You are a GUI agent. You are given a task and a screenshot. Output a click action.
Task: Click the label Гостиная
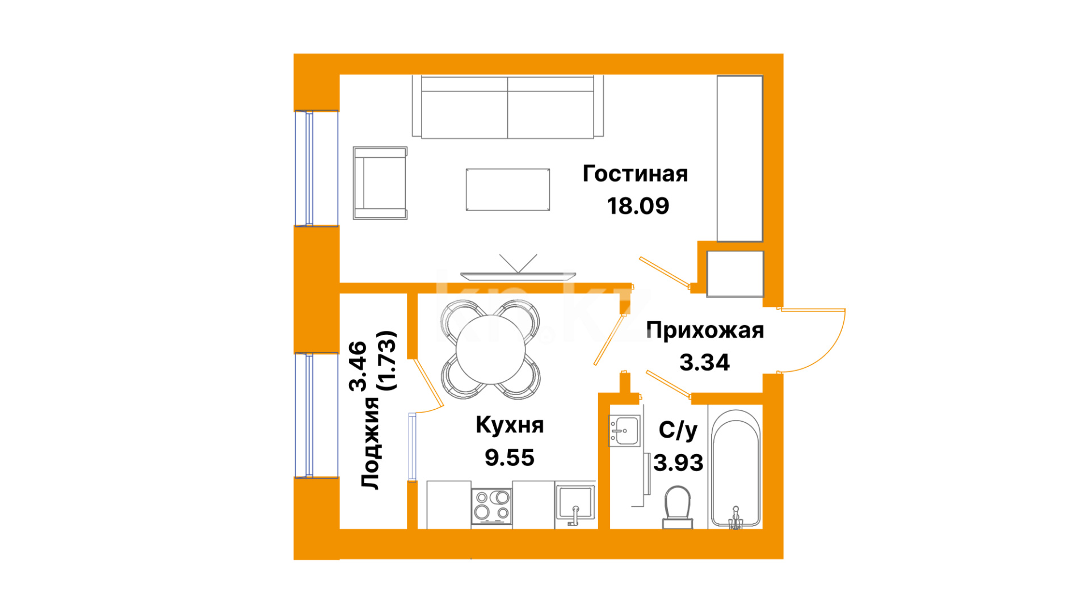tap(635, 174)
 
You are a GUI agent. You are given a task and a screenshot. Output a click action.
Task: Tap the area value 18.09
tap(638, 206)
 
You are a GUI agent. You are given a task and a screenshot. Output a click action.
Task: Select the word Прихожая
tap(705, 330)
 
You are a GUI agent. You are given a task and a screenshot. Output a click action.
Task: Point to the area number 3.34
tap(705, 363)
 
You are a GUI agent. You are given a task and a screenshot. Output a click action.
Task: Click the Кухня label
tap(510, 425)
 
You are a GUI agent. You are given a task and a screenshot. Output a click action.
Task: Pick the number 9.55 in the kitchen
tap(510, 457)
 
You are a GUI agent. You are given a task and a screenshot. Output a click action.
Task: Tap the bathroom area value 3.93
tap(678, 463)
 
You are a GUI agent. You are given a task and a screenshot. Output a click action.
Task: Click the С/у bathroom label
tap(678, 431)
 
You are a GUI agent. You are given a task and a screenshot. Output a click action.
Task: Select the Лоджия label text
tap(371, 443)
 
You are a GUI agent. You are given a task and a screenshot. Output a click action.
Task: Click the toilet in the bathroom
tap(678, 507)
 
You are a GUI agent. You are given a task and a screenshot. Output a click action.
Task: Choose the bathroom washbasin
tap(624, 431)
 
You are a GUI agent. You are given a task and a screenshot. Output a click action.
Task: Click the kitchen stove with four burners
tap(491, 506)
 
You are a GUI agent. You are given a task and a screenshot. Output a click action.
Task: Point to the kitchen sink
tap(575, 503)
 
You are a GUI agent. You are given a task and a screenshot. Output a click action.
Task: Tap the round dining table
tap(491, 350)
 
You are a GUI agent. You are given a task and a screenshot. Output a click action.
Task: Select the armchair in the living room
tap(380, 183)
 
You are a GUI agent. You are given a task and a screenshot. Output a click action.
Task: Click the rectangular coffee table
tap(508, 190)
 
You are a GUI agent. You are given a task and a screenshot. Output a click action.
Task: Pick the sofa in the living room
tap(508, 107)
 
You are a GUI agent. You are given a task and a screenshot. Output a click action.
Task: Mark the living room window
tap(316, 169)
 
